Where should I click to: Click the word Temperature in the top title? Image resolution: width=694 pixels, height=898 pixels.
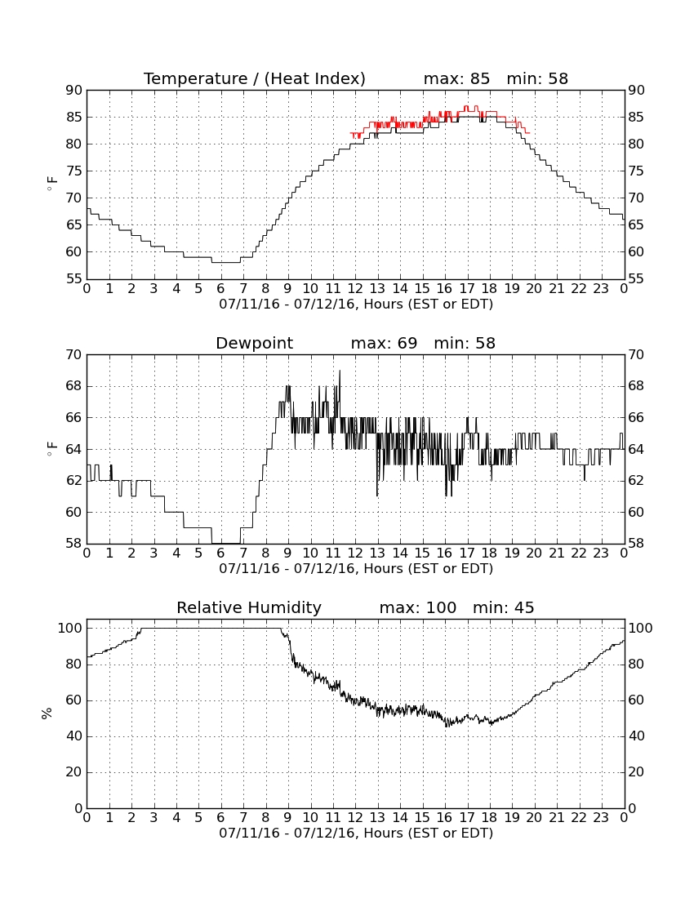(x=196, y=78)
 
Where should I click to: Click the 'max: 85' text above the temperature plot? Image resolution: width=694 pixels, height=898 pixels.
(x=456, y=78)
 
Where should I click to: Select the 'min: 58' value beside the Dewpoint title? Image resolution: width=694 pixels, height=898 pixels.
(x=465, y=343)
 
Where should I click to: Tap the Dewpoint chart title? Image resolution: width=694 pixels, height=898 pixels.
(x=254, y=343)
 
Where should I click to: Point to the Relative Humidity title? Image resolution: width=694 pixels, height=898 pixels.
(x=249, y=607)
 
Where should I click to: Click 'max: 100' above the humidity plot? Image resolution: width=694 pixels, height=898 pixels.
(x=417, y=607)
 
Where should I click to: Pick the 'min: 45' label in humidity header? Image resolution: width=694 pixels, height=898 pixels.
(x=503, y=607)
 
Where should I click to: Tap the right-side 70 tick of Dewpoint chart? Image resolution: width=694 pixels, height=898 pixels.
(x=636, y=354)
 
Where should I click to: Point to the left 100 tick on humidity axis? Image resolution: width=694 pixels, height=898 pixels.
(x=70, y=629)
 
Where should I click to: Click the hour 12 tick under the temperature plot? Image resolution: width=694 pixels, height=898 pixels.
(x=355, y=289)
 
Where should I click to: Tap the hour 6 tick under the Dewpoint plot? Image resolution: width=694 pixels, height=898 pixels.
(x=221, y=553)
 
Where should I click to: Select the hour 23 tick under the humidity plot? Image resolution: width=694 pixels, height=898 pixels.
(x=601, y=818)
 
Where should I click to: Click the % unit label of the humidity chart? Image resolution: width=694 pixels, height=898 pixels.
(x=47, y=713)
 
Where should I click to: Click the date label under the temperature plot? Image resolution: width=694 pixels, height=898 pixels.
(x=356, y=305)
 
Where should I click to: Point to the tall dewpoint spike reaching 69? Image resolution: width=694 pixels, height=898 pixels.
(x=340, y=394)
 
